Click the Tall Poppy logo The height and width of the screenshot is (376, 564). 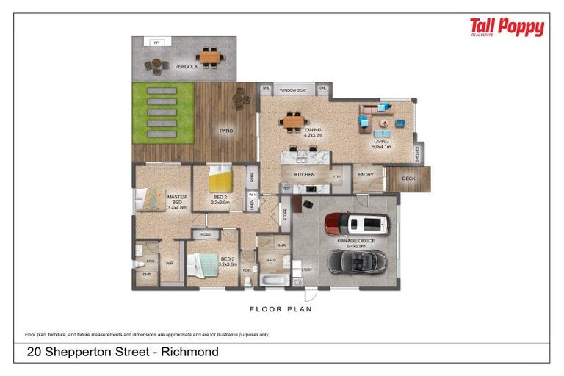click(x=507, y=28)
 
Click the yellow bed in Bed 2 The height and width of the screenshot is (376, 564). click(x=219, y=179)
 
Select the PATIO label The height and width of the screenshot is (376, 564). click(x=226, y=131)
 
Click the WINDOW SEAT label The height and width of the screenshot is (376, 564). click(x=292, y=90)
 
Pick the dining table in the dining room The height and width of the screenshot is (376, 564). click(x=294, y=120)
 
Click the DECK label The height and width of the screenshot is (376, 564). click(x=409, y=178)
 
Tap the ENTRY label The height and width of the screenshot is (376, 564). click(x=366, y=174)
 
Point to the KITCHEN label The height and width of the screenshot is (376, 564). click(x=304, y=175)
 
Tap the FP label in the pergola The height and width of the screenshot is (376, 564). click(x=156, y=43)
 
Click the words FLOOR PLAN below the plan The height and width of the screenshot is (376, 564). click(x=281, y=309)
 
